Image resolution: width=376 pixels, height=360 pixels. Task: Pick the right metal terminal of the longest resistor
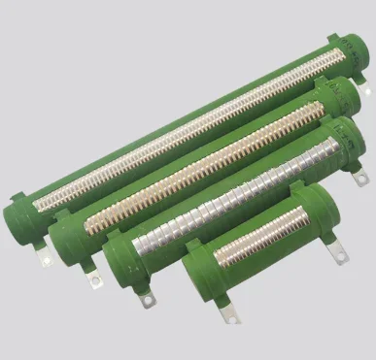(366, 89)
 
